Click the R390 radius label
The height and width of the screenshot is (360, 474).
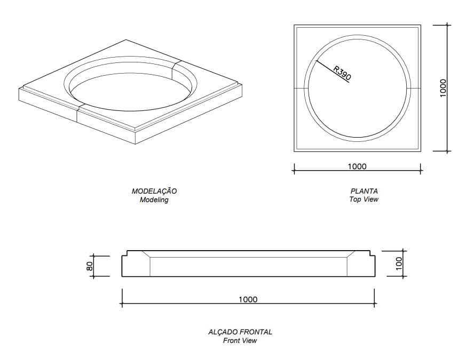click(x=342, y=73)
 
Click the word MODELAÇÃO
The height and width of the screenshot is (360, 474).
click(x=154, y=191)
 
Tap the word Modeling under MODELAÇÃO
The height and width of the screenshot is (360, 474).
click(x=154, y=200)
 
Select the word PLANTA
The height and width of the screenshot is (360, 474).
click(x=364, y=191)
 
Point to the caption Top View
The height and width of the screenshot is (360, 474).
click(x=364, y=199)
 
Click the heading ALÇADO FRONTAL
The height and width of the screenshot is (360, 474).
click(x=240, y=332)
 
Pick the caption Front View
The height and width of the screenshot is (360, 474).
click(x=240, y=340)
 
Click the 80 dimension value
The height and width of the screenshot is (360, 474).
click(x=90, y=266)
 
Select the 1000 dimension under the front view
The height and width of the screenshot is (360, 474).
click(x=248, y=299)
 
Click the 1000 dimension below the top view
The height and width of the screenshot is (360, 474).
click(x=357, y=166)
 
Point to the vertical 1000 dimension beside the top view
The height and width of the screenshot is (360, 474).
click(x=443, y=88)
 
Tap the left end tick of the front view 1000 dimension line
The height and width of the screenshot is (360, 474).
click(x=122, y=304)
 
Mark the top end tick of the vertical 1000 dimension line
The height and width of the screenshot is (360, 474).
click(x=447, y=25)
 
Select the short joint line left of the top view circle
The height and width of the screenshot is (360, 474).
click(x=299, y=87)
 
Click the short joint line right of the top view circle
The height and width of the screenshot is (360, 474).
click(x=415, y=87)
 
